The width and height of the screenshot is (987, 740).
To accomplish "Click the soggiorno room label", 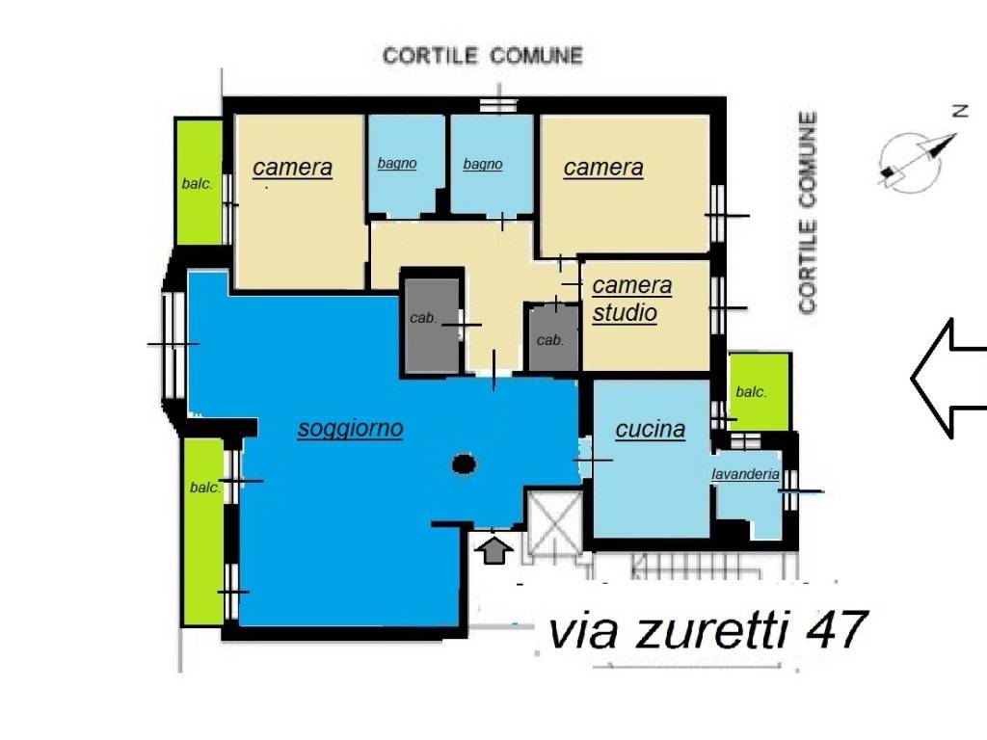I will point(350,429).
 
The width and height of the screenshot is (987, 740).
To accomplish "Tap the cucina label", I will point(651,429).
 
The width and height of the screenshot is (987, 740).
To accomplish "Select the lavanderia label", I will point(745,474).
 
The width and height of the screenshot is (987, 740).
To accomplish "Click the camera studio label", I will point(631,299).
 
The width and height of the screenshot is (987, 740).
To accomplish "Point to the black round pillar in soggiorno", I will point(465,464).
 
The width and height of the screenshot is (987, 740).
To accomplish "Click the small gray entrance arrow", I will point(494,551).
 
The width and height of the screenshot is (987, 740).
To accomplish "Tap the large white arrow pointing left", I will point(949,378).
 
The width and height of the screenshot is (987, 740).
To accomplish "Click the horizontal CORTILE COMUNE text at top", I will point(483,56).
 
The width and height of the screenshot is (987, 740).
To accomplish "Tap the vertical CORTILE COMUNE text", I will point(808,212).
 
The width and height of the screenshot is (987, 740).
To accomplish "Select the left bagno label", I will point(397,164).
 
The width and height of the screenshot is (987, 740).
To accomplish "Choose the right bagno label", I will point(483,165).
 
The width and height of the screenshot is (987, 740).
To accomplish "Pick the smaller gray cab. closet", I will point(551,337).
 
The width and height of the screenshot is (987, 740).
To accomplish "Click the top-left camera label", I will point(292,168).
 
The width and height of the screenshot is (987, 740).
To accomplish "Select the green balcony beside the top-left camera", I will point(198,182).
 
